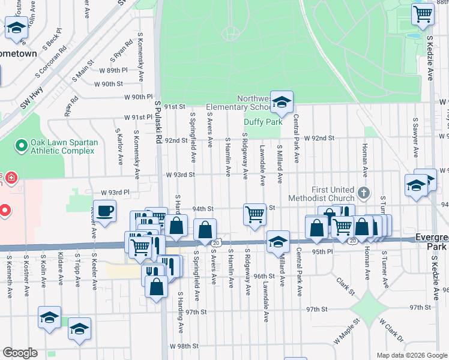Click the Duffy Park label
(262, 122)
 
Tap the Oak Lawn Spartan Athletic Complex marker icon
(22, 145)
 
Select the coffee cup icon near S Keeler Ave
(105, 211)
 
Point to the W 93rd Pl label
(115, 193)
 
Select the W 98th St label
(184, 347)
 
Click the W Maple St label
(348, 329)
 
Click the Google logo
(20, 353)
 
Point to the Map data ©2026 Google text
(411, 355)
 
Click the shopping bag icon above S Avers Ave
(205, 229)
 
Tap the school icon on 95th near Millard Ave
(278, 242)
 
